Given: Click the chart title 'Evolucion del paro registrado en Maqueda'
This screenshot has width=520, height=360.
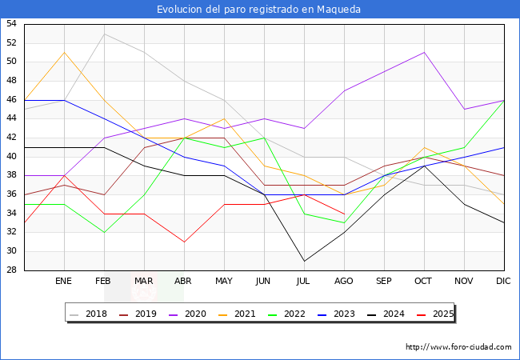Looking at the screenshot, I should coord(259,10).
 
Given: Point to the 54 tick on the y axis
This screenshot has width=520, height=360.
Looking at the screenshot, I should coord(11,24).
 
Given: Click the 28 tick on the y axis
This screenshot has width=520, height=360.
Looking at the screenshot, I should coord(11,270).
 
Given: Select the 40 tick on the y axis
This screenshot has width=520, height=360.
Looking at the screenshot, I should coord(11,157).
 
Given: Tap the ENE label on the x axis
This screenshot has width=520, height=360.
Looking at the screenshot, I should coord(64,282).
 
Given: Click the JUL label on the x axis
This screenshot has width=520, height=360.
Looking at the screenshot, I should coord(304,282).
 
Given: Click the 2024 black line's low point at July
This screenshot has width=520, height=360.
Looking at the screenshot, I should coord(304,261).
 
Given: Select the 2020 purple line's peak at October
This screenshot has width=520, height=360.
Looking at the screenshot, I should coord(424,53).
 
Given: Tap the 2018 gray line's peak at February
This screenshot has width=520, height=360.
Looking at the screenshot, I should coord(104,34).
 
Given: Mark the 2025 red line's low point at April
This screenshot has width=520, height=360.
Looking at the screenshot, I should coord(184,242).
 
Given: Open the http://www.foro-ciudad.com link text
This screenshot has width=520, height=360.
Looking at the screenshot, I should coord(458,347).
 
